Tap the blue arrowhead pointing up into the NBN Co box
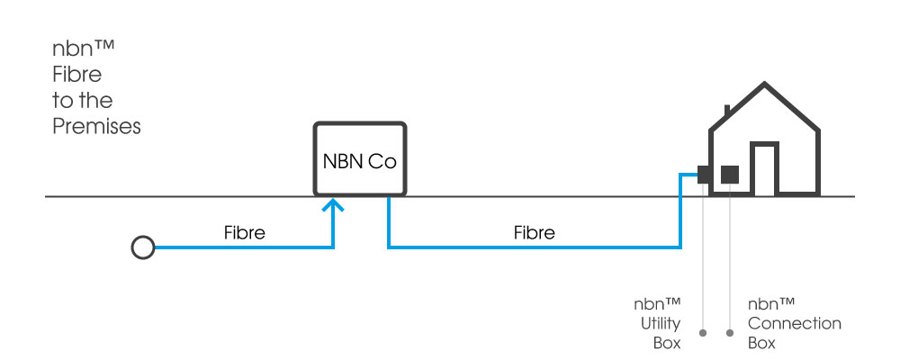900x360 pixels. pyautogui.click(x=334, y=208)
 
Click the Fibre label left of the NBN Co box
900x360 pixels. pyautogui.click(x=244, y=232)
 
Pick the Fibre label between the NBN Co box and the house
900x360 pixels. pyautogui.click(x=534, y=232)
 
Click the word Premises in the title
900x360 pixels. pyautogui.click(x=96, y=127)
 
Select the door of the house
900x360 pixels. pyautogui.click(x=763, y=168)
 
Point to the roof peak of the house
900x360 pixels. pyautogui.click(x=764, y=85)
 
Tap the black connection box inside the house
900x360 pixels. pyautogui.click(x=730, y=174)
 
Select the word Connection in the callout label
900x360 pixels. pyautogui.click(x=795, y=323)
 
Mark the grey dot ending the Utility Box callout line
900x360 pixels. pyautogui.click(x=702, y=332)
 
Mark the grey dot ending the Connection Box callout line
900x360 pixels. pyautogui.click(x=729, y=332)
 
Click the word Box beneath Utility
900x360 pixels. pyautogui.click(x=667, y=343)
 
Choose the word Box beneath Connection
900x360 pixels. pyautogui.click(x=761, y=343)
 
